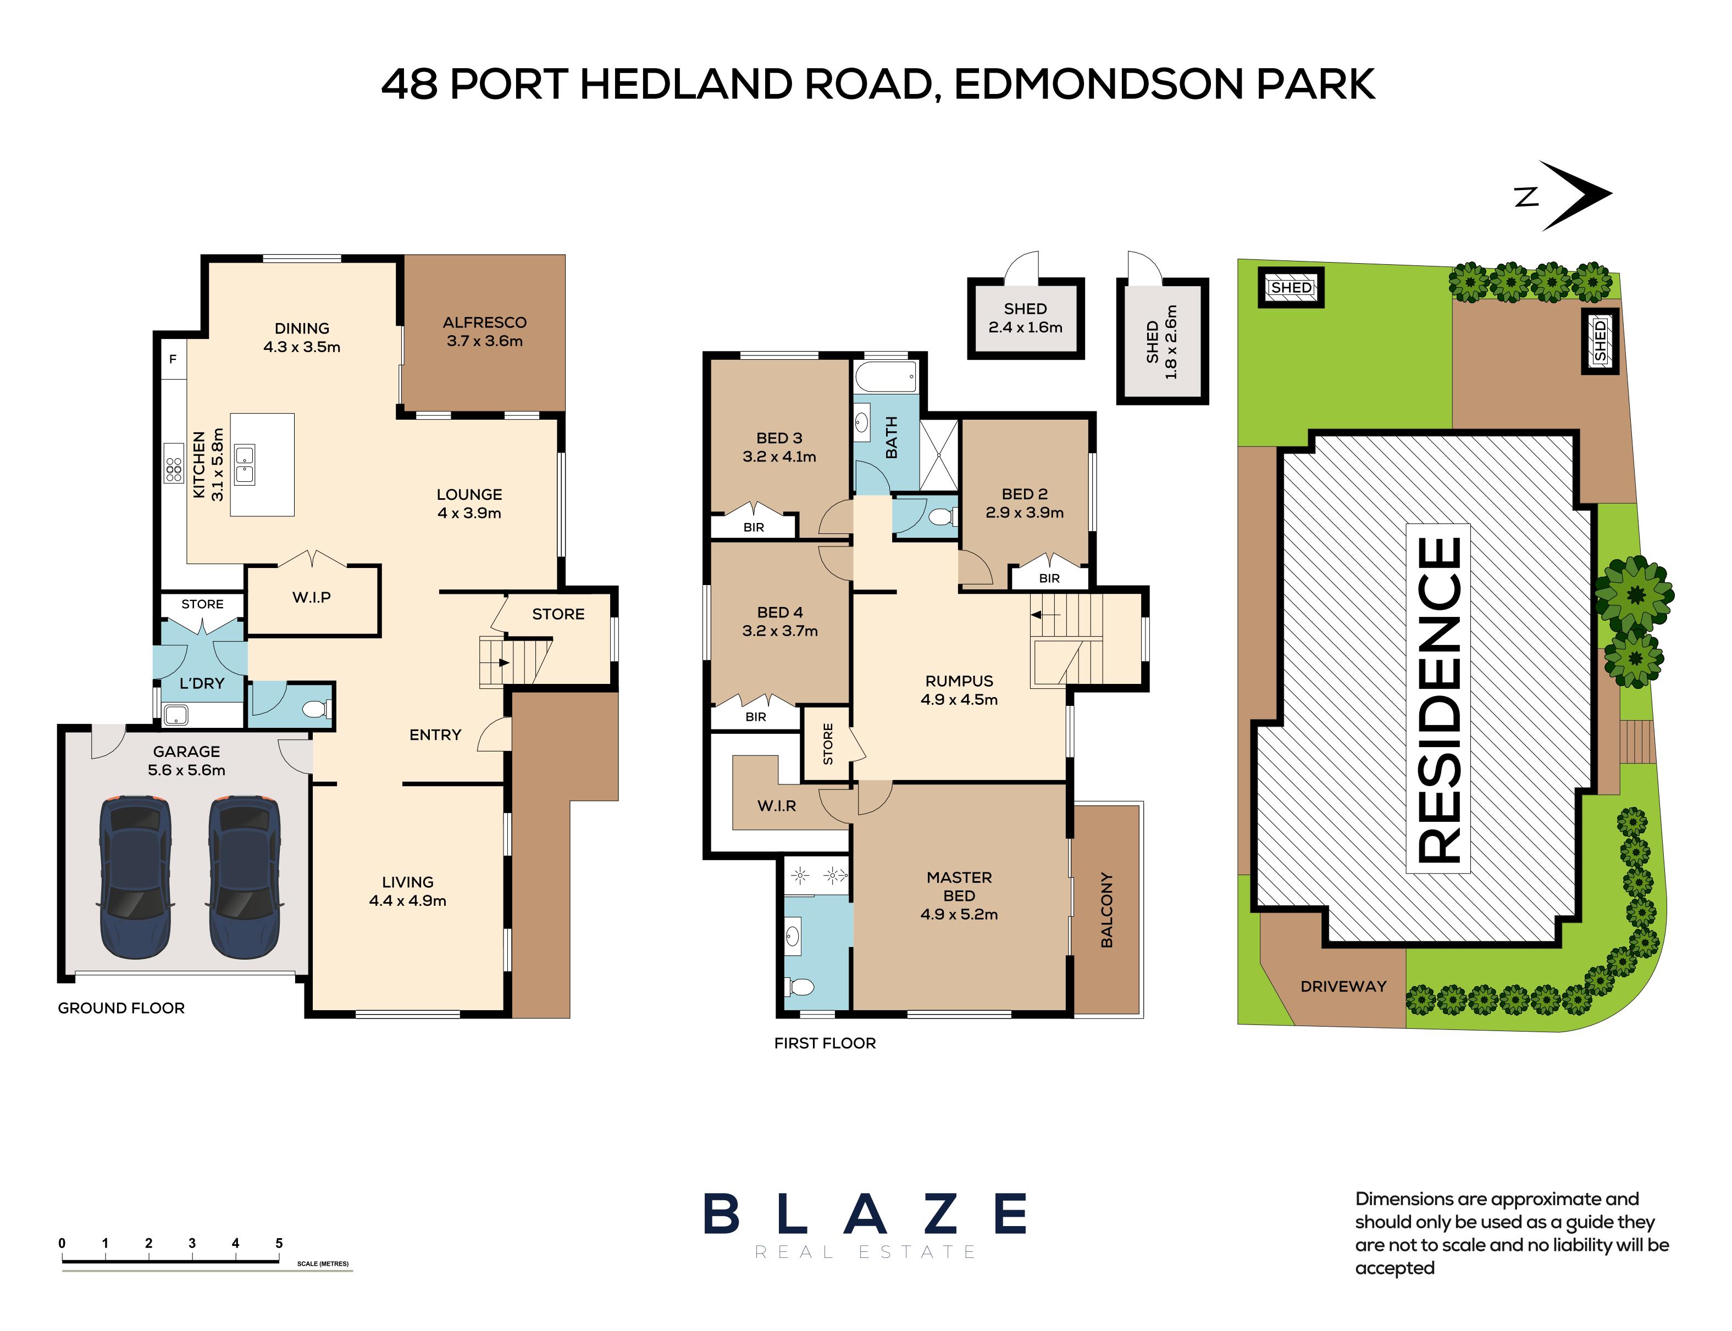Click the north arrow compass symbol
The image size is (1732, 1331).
pyautogui.click(x=1574, y=196)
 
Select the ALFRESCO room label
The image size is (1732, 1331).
pyautogui.click(x=484, y=322)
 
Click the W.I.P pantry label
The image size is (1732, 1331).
pyautogui.click(x=312, y=597)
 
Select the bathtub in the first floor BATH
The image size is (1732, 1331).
pyautogui.click(x=886, y=376)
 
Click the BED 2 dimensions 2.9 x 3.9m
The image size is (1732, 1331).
pyautogui.click(x=1024, y=513)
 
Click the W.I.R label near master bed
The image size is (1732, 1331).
pyautogui.click(x=777, y=806)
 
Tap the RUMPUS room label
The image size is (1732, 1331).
pyautogui.click(x=959, y=681)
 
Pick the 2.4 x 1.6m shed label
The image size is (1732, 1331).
pyautogui.click(x=1025, y=327)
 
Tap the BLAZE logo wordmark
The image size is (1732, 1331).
pyautogui.click(x=865, y=1214)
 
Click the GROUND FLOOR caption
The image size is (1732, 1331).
pyautogui.click(x=121, y=1008)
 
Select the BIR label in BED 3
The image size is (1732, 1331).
pyautogui.click(x=754, y=527)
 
